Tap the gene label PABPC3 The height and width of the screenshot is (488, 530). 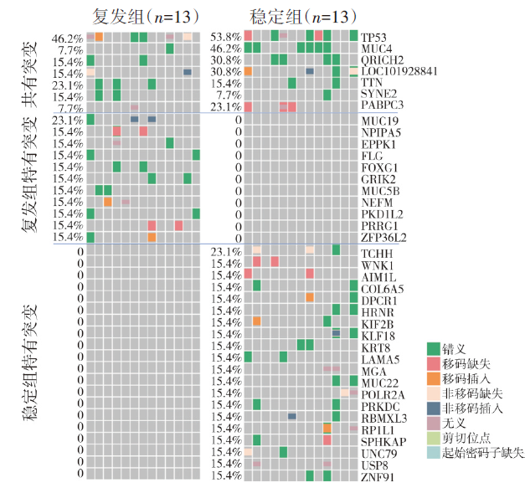[x=381, y=106]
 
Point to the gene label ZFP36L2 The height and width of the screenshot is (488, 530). [x=383, y=238]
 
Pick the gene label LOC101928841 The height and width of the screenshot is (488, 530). [x=399, y=72]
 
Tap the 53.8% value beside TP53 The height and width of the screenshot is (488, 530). [x=226, y=38]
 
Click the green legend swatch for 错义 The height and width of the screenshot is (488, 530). [x=433, y=348]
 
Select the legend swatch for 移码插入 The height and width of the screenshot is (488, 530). [x=433, y=378]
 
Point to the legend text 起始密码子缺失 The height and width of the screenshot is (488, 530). [x=483, y=454]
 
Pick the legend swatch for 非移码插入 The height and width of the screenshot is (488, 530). [x=433, y=408]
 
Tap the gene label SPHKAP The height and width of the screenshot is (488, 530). [x=382, y=441]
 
